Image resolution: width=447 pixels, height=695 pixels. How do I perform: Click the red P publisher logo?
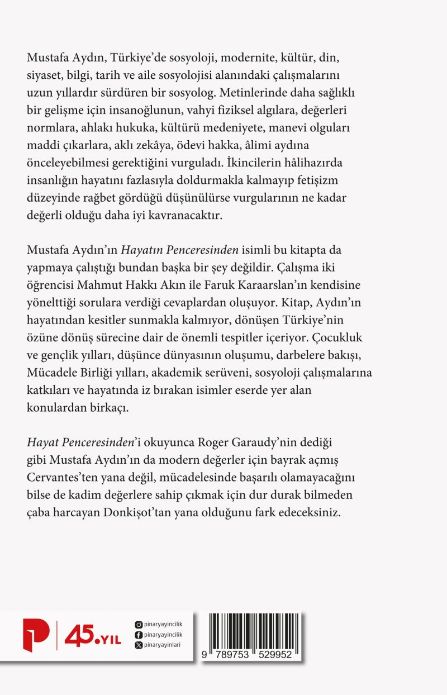36,636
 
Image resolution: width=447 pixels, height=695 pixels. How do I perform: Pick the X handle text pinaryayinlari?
163,645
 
